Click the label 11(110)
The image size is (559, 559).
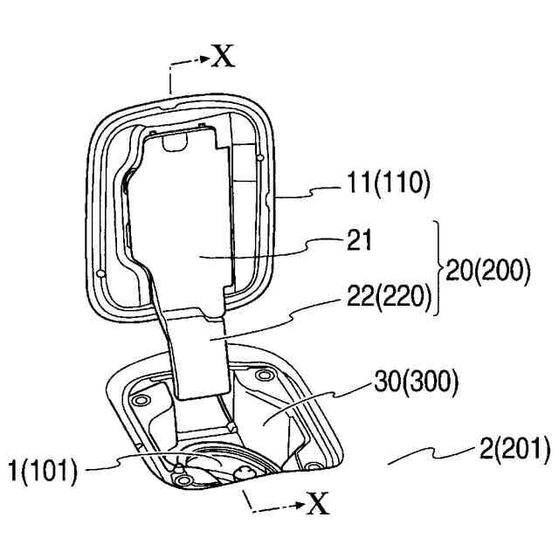click(x=389, y=184)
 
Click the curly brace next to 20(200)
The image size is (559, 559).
click(x=438, y=268)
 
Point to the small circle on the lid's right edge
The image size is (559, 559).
click(x=261, y=158)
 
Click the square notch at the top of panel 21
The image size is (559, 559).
click(x=174, y=138)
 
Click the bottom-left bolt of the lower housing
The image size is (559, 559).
click(x=180, y=472)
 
